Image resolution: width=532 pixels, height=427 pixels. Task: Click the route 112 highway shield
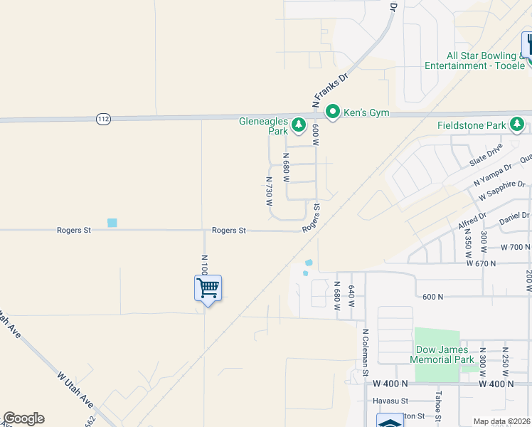pyautogui.click(x=103, y=119)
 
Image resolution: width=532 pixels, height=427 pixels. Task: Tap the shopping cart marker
pyautogui.click(x=208, y=288)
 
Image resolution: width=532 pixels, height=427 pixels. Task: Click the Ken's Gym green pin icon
pyautogui.click(x=332, y=112)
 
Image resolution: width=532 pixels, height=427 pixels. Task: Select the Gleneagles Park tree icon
pyautogui.click(x=300, y=126)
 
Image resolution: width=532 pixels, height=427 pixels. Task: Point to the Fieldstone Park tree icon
pyautogui.click(x=518, y=126)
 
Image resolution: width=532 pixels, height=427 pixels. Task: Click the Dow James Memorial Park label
pyautogui.click(x=442, y=354)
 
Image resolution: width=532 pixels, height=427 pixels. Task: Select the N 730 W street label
pyautogui.click(x=270, y=192)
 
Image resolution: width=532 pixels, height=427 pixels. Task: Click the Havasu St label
pyautogui.click(x=391, y=401)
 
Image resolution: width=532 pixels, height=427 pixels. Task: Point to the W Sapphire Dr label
pyautogui.click(x=501, y=189)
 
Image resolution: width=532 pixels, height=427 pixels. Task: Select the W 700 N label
pyautogui.click(x=516, y=248)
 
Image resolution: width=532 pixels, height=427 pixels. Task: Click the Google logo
pyautogui.click(x=23, y=418)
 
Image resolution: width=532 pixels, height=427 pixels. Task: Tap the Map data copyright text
pyautogui.click(x=501, y=421)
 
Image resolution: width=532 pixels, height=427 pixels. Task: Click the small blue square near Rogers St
pyautogui.click(x=112, y=223)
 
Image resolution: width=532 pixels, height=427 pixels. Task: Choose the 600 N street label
pyautogui.click(x=432, y=297)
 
